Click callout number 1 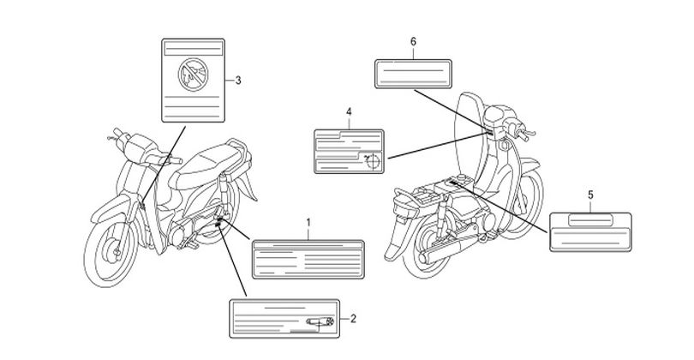[308, 222]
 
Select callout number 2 [353, 318]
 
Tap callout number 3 [238, 81]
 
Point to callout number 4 [349, 111]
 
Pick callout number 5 [591, 195]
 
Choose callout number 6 [413, 42]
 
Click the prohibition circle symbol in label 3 [193, 75]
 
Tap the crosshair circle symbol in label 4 [373, 161]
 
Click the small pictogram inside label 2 [320, 322]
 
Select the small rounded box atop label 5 [590, 220]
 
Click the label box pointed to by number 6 [413, 74]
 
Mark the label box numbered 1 [308, 260]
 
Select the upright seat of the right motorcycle [470, 133]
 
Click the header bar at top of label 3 [193, 48]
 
